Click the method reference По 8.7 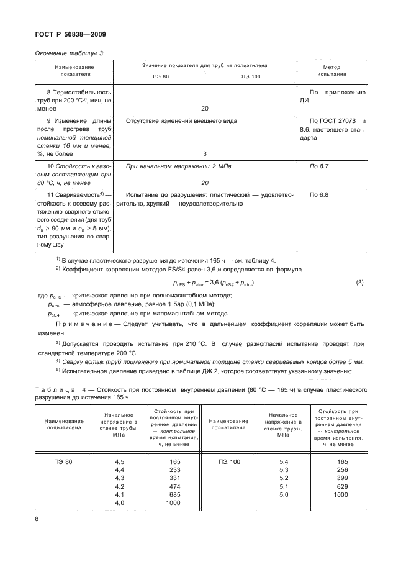point(318,167)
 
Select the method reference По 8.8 point(318,195)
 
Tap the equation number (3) point(359,283)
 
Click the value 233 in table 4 point(174,470)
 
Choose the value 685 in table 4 point(174,494)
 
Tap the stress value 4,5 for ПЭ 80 point(120,462)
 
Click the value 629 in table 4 point(343,486)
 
